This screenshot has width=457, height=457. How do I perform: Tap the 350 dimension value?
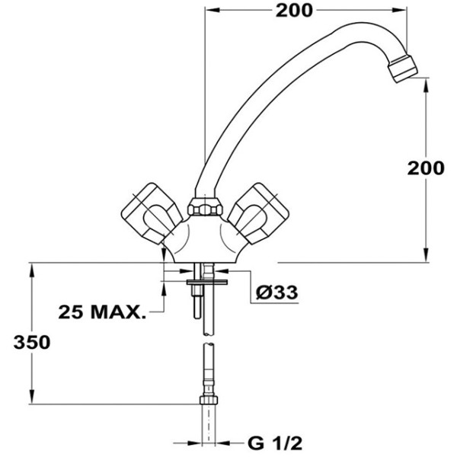pos(30,342)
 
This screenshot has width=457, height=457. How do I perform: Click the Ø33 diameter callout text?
pos(276,292)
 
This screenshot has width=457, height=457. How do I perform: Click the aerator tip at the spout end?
pos(401,66)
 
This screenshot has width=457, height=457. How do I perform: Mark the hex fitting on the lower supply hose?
pos(206,401)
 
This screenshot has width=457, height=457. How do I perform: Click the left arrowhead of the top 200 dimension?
pos(213,11)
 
